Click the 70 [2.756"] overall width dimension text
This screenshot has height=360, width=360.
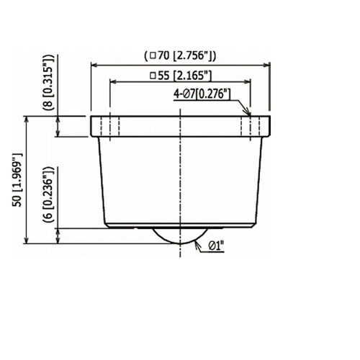click(x=186, y=56)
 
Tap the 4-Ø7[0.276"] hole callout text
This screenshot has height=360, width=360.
click(x=202, y=94)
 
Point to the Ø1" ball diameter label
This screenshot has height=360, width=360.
click(x=216, y=246)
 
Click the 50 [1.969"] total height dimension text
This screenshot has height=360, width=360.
click(x=17, y=180)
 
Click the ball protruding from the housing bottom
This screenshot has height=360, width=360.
click(x=180, y=235)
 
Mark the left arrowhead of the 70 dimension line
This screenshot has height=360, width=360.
click(x=94, y=65)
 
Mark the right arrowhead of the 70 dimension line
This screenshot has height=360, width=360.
click(x=267, y=65)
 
